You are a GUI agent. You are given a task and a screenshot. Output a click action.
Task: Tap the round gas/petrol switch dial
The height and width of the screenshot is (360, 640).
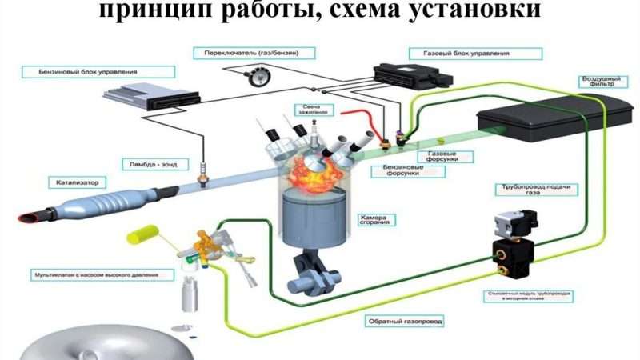click(258, 78)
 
